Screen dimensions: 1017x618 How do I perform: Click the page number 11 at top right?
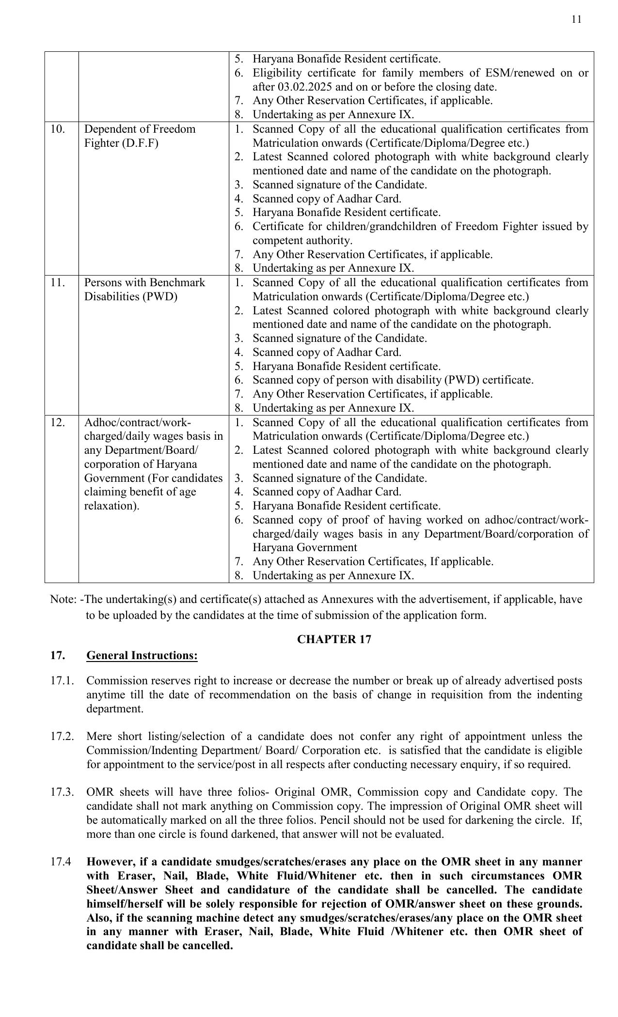click(576, 19)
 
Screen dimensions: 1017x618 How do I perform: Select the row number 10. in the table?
click(58, 129)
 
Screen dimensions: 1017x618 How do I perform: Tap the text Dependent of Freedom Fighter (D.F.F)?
click(140, 136)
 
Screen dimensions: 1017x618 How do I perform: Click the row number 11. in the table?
click(57, 283)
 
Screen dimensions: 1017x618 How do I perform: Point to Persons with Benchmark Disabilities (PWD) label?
click(144, 290)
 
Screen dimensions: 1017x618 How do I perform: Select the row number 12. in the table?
click(57, 422)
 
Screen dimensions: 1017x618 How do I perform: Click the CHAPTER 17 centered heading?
click(334, 639)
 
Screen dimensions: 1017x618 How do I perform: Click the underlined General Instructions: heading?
click(142, 655)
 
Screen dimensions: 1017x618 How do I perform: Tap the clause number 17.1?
click(62, 681)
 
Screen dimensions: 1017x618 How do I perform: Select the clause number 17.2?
click(62, 737)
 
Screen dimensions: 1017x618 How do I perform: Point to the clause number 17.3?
click(62, 792)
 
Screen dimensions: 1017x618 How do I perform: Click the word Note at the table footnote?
click(62, 600)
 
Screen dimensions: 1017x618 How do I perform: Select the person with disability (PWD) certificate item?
click(393, 380)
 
